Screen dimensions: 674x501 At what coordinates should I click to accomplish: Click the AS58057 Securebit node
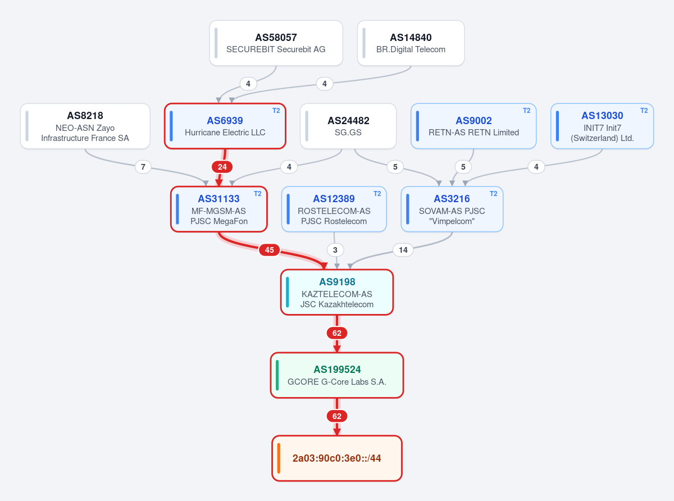coord(276,43)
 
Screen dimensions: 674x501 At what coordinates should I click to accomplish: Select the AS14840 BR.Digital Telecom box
coord(411,43)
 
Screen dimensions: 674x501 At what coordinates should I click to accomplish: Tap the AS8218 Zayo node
coord(85,126)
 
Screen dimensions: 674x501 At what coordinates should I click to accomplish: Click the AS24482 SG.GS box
coord(348,126)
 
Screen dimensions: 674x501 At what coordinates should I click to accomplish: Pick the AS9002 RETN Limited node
coord(473,126)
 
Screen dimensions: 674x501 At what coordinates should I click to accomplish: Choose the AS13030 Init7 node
coord(602,126)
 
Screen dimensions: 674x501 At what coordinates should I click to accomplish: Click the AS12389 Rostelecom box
coord(334,209)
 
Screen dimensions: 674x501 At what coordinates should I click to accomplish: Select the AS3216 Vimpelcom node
coord(452,209)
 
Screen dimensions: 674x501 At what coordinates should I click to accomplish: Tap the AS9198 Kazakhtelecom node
coord(337,292)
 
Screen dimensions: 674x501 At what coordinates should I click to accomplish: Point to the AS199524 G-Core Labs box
coord(337,375)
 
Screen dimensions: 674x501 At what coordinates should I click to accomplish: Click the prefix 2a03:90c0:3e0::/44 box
coord(337,458)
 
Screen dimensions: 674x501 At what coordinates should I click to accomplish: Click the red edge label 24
coord(222,167)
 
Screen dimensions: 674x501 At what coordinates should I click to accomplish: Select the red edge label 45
coord(269,250)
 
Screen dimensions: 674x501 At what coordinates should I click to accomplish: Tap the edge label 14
coord(403,250)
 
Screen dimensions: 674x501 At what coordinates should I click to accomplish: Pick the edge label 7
coord(143,167)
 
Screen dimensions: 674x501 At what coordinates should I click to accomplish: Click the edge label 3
coord(335,250)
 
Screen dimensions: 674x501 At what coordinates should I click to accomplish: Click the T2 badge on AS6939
coord(276,111)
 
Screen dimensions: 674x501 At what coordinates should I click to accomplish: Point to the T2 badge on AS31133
coord(257,194)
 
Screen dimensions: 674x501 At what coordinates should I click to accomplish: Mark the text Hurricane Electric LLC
coord(225,133)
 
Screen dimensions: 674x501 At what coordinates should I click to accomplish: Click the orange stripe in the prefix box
coord(279,458)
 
